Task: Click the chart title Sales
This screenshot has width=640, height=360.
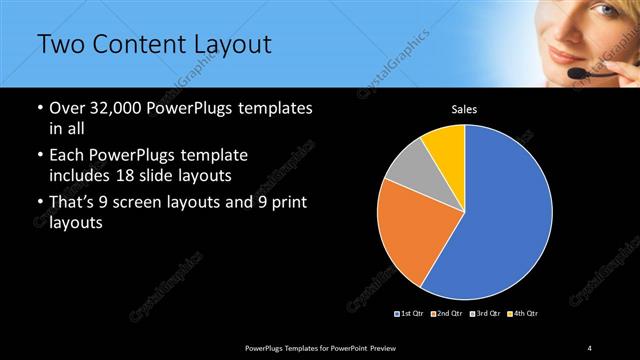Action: click(x=464, y=109)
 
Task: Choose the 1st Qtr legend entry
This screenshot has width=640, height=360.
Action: click(x=411, y=314)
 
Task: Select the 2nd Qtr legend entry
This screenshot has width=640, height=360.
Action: click(x=447, y=314)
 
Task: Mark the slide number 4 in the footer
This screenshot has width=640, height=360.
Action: click(x=590, y=347)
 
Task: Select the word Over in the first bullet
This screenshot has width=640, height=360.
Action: click(x=67, y=107)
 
